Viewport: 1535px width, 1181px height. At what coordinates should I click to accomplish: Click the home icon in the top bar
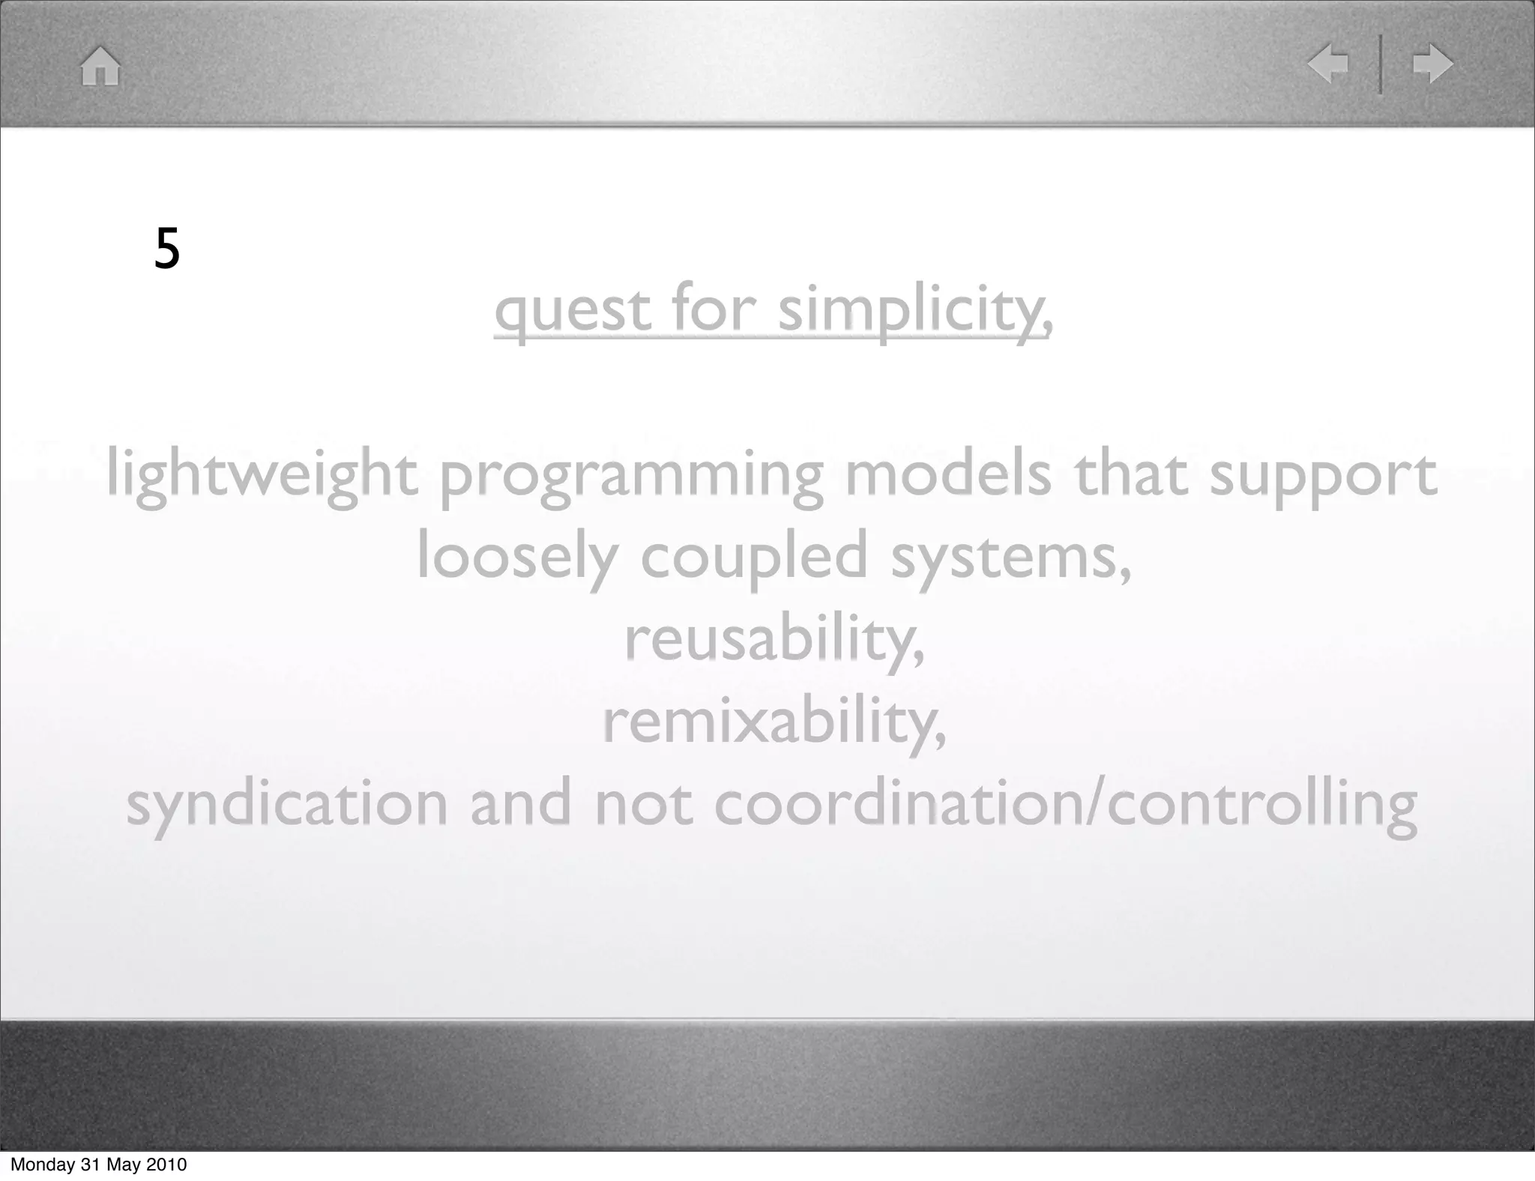(x=100, y=66)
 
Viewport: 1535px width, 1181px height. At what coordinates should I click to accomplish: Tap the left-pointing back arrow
(x=1328, y=64)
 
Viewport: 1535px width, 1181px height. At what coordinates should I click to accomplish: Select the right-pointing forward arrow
(x=1432, y=64)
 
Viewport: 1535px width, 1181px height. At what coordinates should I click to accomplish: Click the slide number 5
(x=167, y=249)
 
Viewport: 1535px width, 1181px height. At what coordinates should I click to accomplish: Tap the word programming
(x=631, y=476)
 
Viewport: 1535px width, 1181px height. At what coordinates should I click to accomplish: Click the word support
(x=1323, y=477)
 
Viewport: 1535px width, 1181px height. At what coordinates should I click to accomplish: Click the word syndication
(x=287, y=804)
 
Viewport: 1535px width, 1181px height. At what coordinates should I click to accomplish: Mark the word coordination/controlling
(x=1065, y=804)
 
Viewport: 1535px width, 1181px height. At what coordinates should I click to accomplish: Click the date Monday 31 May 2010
(x=98, y=1165)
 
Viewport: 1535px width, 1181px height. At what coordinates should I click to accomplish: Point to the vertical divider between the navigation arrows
(x=1381, y=64)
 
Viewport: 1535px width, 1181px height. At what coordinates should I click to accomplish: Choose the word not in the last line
(x=643, y=804)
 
